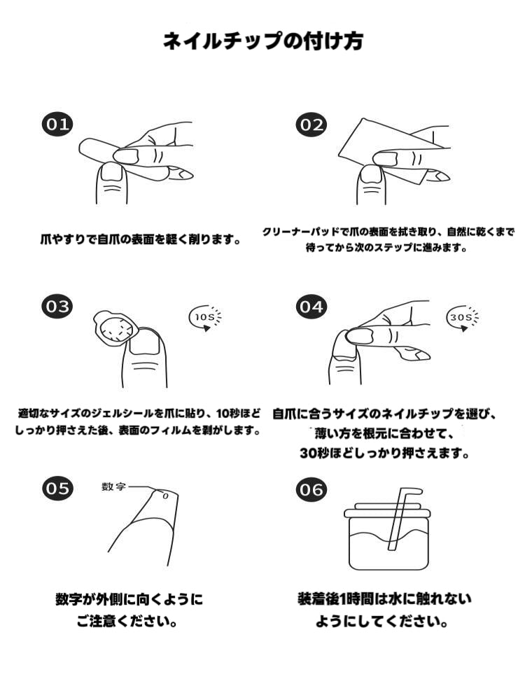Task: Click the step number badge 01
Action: pos(57,124)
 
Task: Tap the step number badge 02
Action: pos(311,125)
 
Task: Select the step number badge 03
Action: pos(57,307)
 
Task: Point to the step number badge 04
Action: pos(311,307)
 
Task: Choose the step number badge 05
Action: pos(57,489)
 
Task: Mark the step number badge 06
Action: pos(311,490)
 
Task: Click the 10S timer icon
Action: pos(206,318)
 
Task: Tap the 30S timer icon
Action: pos(462,317)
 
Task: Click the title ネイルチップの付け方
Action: pos(262,41)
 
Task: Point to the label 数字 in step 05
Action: pos(114,486)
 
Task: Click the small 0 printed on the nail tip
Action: pos(165,496)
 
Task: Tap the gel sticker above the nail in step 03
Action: pos(115,328)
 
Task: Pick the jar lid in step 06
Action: pos(387,510)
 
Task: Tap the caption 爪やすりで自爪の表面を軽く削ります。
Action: pos(140,239)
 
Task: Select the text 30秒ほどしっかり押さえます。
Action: pos(385,453)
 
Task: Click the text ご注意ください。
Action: pos(127,621)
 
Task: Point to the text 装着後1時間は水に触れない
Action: pos(385,598)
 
